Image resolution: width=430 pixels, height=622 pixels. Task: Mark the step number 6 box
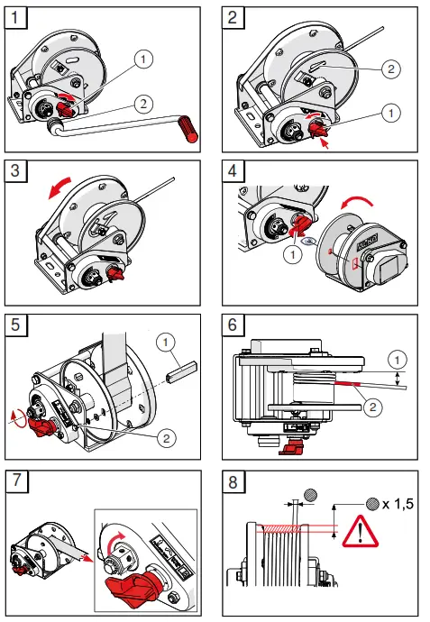click(234, 325)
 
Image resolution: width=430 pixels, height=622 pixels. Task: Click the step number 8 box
click(234, 480)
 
